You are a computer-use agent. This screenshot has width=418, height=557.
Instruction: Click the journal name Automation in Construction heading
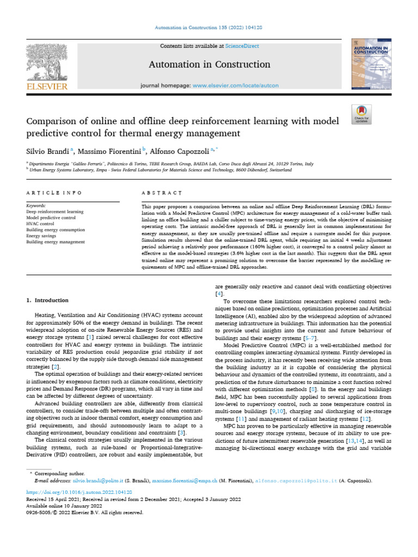[x=209, y=65]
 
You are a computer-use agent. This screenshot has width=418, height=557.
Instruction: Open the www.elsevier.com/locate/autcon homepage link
[x=236, y=86]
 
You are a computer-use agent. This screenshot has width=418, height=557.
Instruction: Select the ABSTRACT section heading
[x=161, y=193]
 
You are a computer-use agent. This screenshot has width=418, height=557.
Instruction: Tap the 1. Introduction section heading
[x=48, y=300]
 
